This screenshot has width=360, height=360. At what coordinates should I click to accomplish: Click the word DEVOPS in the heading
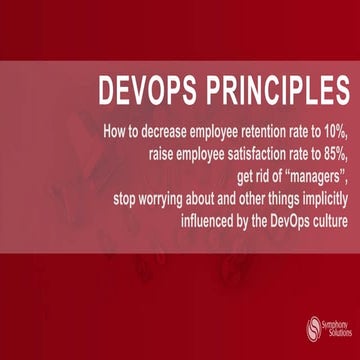(x=144, y=93)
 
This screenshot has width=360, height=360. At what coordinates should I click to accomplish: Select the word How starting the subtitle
(x=113, y=131)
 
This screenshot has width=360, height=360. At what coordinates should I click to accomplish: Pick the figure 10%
(x=333, y=131)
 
